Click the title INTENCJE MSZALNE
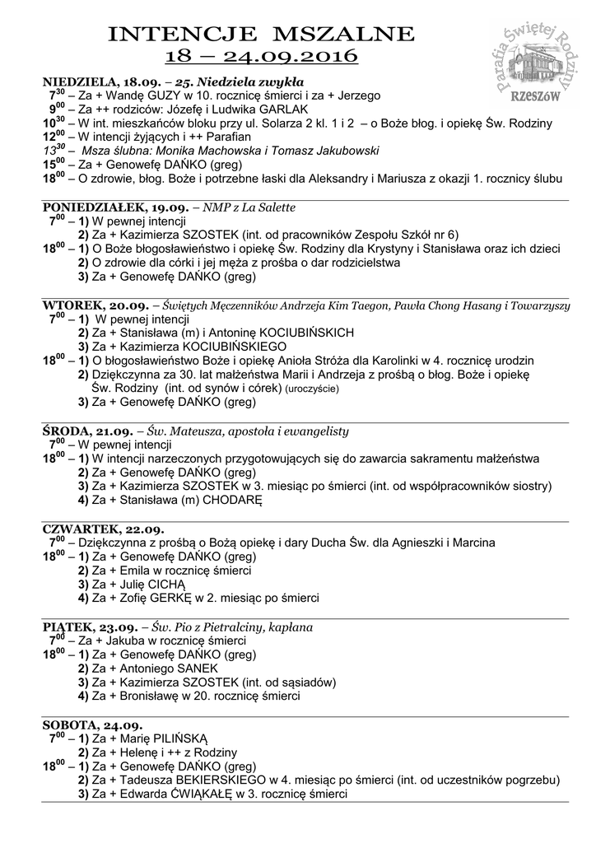(261, 34)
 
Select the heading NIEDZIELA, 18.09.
(91, 82)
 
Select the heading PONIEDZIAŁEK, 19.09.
(105, 208)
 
